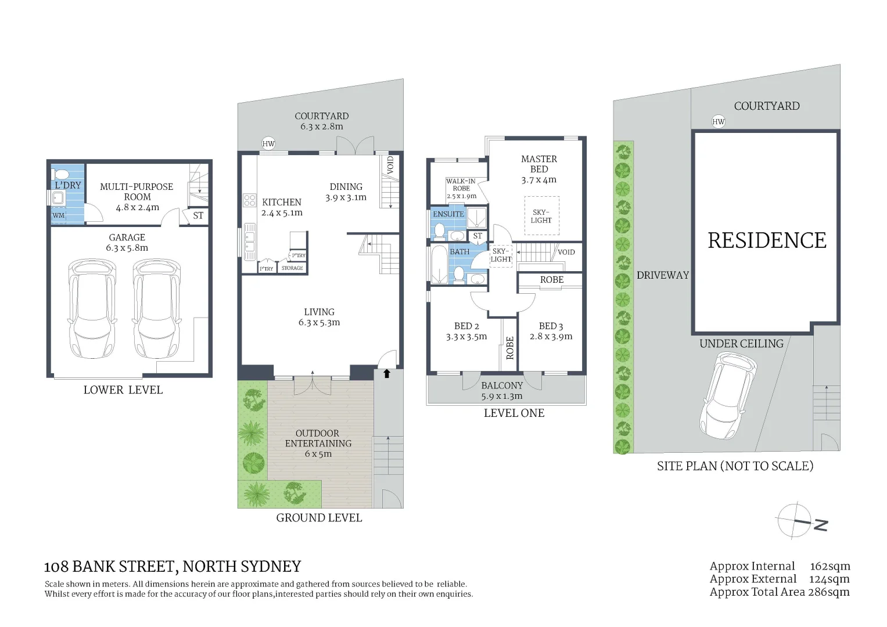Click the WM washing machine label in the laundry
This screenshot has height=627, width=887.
point(59,215)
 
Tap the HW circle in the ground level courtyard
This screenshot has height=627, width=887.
point(268,144)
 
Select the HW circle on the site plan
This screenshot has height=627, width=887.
point(719,121)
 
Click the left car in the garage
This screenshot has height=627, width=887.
point(92,308)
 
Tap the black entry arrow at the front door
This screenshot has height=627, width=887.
point(387,374)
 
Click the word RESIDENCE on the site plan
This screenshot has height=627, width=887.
point(767,240)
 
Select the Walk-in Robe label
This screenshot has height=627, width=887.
point(461,189)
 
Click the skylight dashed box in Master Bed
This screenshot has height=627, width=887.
point(541,216)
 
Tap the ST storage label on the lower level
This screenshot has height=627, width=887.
point(198,215)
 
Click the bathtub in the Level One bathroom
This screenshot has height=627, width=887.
point(438,265)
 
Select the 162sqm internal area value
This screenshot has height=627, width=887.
point(829,566)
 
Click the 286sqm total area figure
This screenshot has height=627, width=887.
point(829,592)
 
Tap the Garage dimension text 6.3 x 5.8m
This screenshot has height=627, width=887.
point(127,248)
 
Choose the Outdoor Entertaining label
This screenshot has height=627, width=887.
point(318,438)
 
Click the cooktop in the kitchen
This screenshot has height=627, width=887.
point(249,201)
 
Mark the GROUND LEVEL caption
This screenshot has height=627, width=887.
point(319,518)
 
